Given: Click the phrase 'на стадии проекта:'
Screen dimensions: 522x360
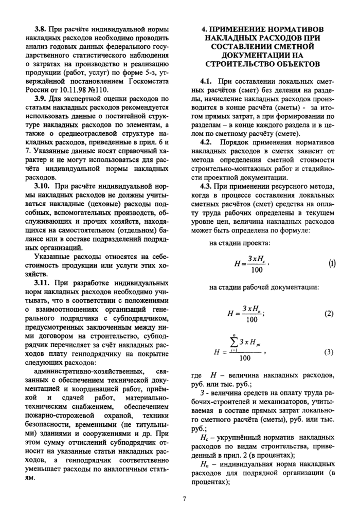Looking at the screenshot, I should pyautogui.click(x=240, y=243).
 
